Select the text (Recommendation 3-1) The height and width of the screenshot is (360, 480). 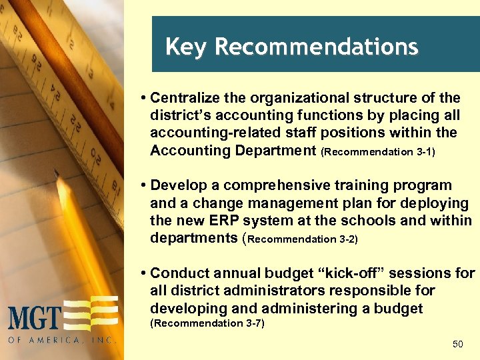point(378,152)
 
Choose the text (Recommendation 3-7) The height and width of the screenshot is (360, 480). point(207,323)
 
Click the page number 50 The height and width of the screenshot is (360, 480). point(457,344)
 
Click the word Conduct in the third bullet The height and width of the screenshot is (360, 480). point(183,273)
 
